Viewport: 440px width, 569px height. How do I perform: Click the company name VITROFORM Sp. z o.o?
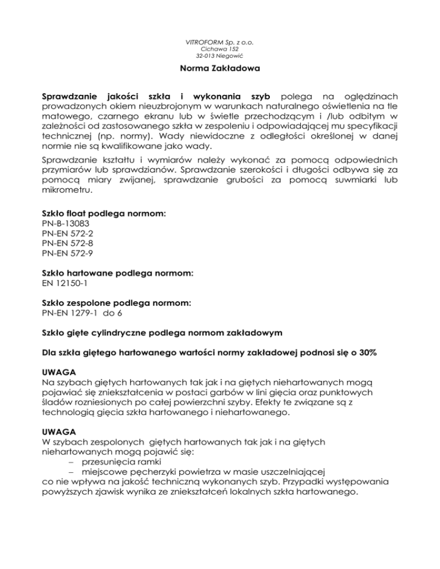tap(220, 42)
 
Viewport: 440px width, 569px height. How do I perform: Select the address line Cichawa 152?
tap(220, 50)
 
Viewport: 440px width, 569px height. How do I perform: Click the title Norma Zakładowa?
tap(220, 73)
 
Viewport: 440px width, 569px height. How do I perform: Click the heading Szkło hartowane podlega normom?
tap(115, 274)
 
